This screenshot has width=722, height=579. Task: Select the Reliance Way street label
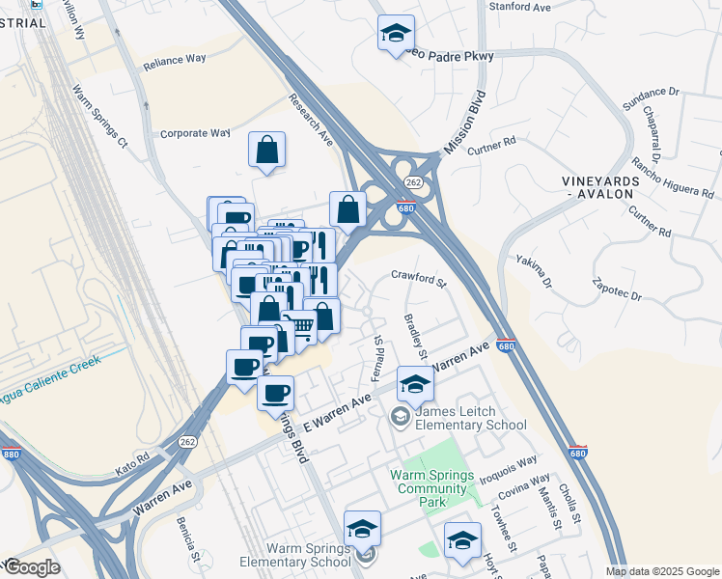[x=175, y=59]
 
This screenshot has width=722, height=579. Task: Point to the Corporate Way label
[x=195, y=133]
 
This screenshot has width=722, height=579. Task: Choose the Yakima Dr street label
[x=532, y=272]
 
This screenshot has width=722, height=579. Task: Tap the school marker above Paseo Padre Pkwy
[x=396, y=34]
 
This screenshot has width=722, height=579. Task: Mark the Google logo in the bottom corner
[x=32, y=567]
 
